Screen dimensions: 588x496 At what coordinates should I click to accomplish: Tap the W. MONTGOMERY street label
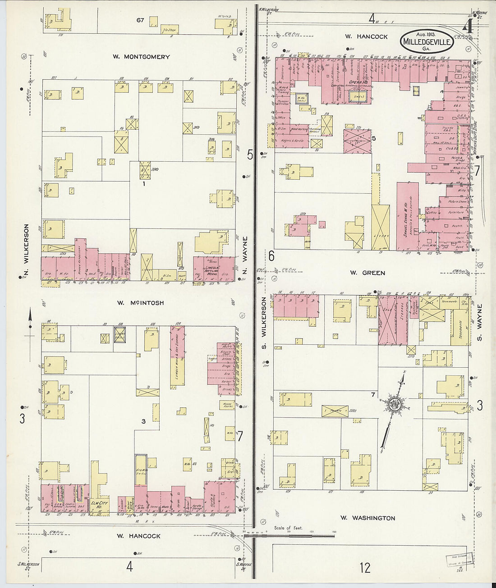[x=141, y=57]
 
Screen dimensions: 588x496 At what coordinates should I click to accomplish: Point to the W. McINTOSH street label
[x=141, y=303]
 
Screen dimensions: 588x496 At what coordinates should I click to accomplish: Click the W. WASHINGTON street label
[x=367, y=518]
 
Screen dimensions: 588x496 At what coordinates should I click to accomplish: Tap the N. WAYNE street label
[x=245, y=251]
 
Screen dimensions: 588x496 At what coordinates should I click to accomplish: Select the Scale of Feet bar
[x=289, y=535]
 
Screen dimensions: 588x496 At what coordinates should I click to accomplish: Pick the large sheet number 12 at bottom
[x=365, y=567]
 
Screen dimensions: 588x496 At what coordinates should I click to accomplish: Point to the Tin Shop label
[x=167, y=31]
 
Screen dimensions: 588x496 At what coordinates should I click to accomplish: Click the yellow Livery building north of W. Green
[x=381, y=228]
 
